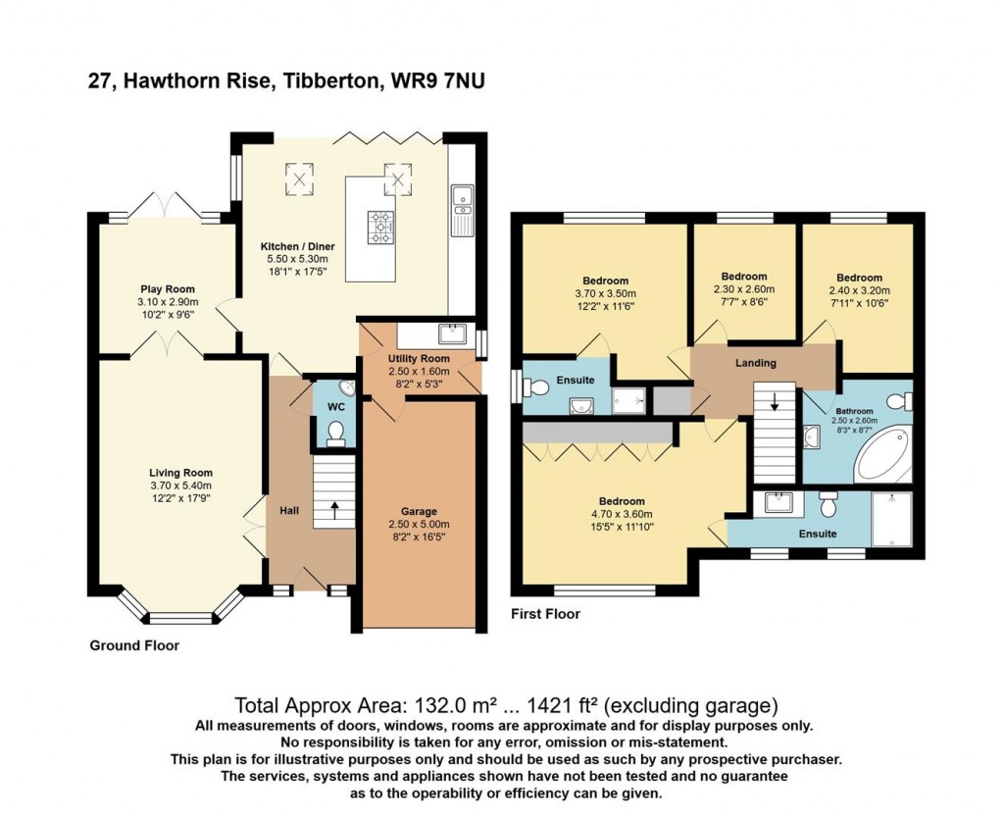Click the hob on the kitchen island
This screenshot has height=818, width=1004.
coord(379,228)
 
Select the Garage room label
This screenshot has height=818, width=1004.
coord(419,511)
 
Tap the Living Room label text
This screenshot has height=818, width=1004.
coord(179,473)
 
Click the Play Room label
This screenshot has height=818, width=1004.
coord(167,289)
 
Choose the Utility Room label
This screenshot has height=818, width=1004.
coord(419,359)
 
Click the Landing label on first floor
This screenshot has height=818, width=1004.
coord(756,363)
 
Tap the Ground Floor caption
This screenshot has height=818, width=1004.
coord(134,645)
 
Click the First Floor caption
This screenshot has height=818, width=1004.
coord(546,614)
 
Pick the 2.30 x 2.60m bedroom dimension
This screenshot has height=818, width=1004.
coord(743,289)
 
